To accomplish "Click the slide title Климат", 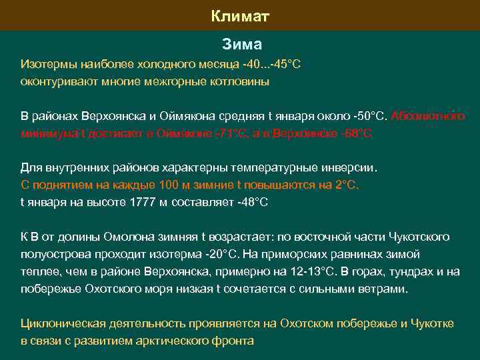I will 240,15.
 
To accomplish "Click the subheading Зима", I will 242,45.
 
